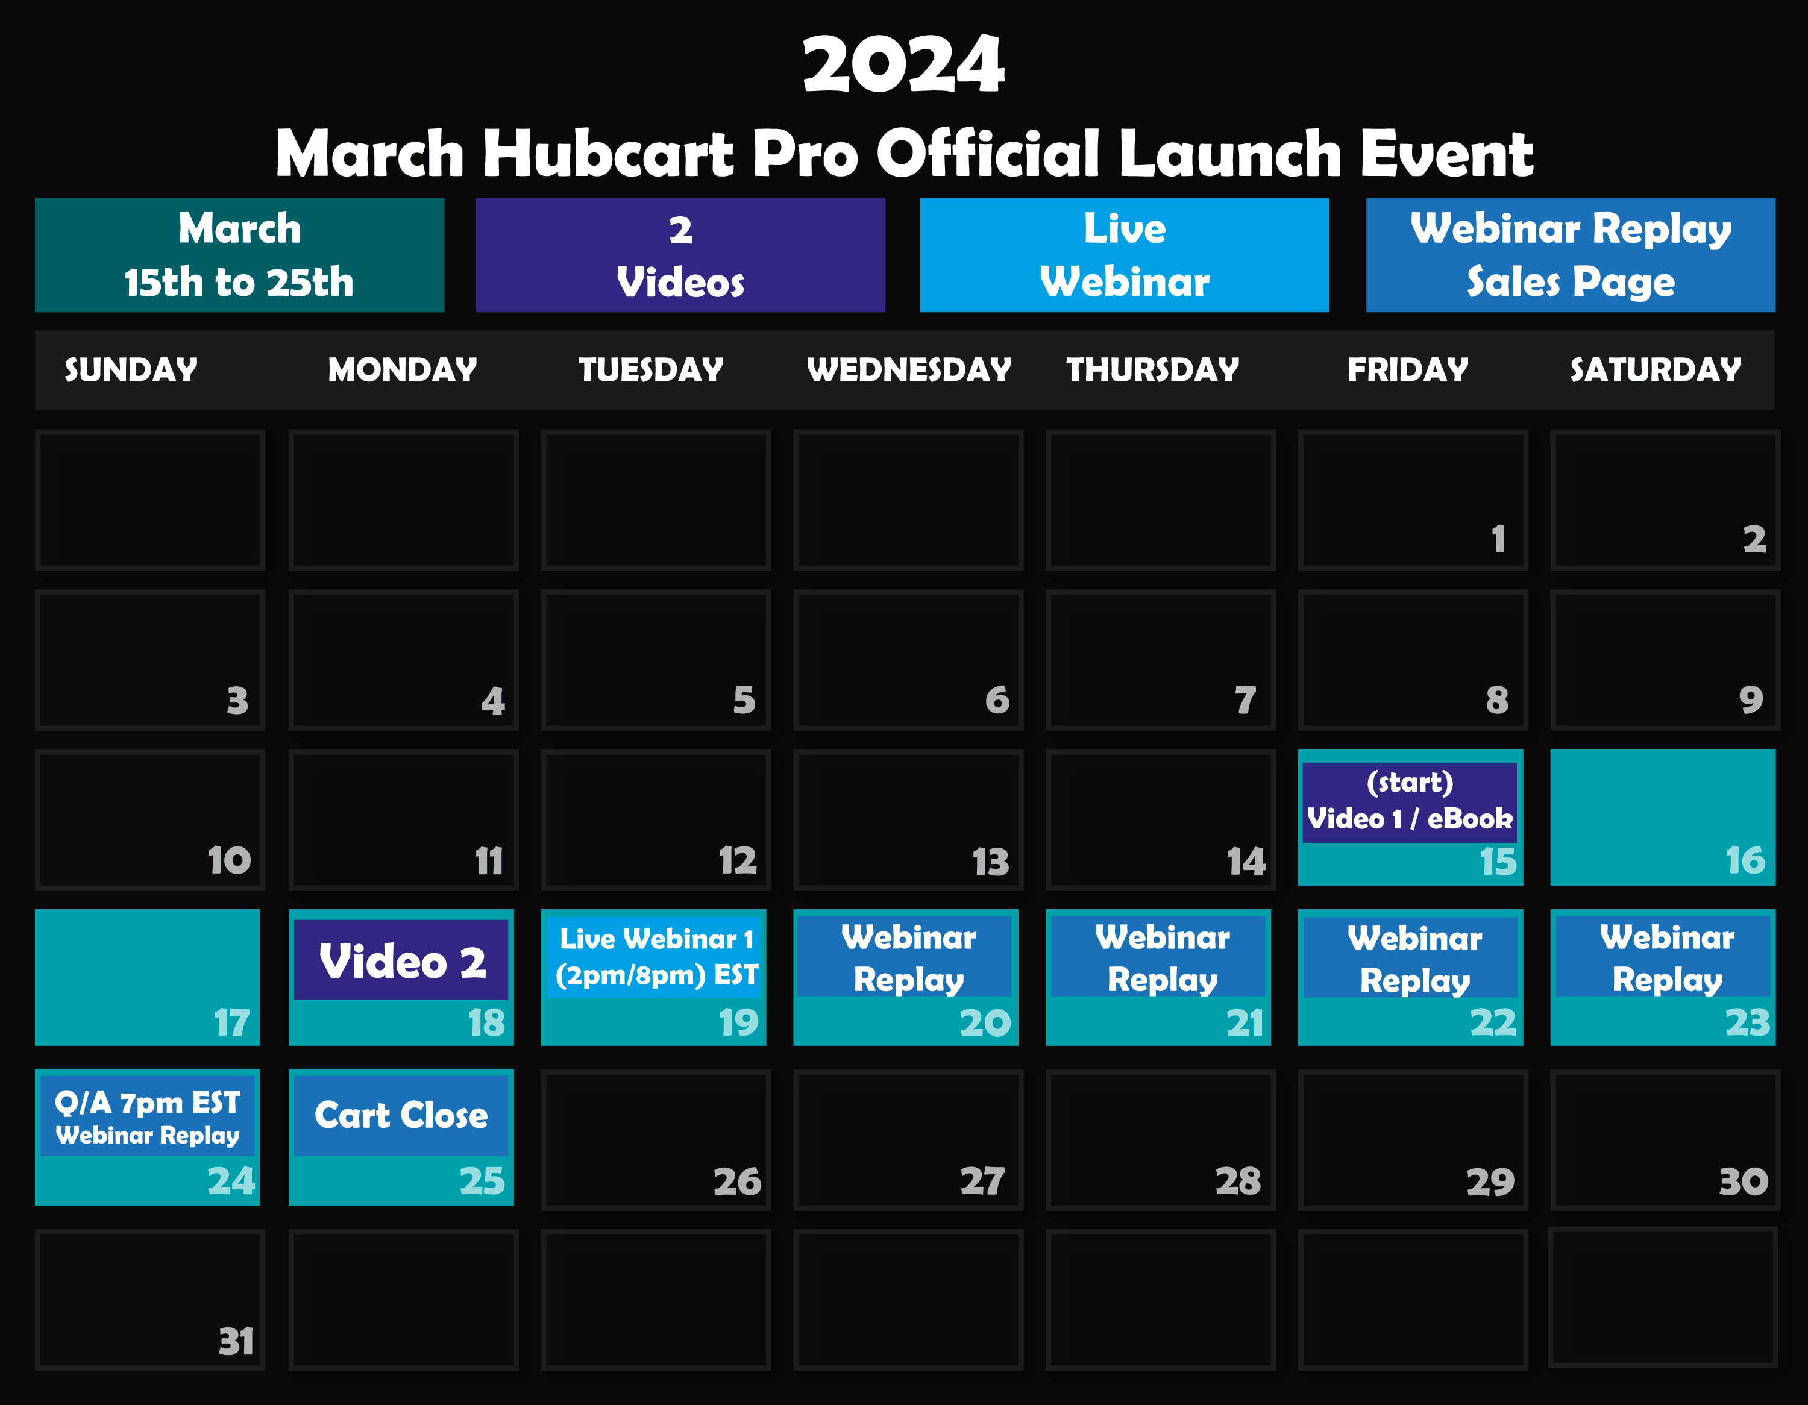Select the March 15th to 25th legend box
tap(239, 255)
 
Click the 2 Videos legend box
tap(680, 255)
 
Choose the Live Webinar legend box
tap(1124, 255)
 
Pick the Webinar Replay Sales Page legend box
tap(1571, 255)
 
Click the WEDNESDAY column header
tap(909, 369)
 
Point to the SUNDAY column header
tap(131, 369)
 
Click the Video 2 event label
tap(401, 960)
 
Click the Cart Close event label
tap(401, 1115)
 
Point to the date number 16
tap(1745, 860)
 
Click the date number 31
tap(236, 1341)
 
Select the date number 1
tap(1498, 539)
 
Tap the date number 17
tap(232, 1022)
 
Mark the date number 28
tap(1238, 1181)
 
